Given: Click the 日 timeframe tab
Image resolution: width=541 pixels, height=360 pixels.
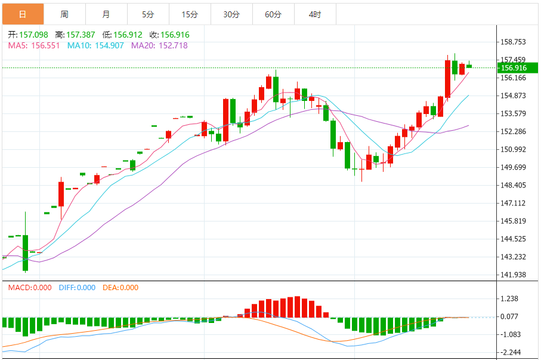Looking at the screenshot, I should [23, 14].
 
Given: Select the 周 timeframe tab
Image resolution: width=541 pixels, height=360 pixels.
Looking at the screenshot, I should [64, 14].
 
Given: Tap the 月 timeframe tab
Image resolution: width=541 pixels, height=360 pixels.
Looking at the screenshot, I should [106, 14].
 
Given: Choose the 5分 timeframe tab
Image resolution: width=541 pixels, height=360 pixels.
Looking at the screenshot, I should [148, 14].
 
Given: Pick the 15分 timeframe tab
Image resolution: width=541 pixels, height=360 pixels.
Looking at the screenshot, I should [190, 14].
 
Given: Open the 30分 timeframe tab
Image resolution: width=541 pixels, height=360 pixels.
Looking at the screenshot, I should [231, 14].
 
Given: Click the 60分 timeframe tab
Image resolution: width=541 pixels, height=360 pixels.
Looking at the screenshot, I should [273, 14].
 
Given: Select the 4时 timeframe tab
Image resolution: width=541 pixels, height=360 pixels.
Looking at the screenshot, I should [315, 14].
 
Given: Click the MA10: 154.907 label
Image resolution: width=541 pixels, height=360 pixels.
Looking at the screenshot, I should [95, 45].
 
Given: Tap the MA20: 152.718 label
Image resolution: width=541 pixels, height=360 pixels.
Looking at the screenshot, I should [159, 45].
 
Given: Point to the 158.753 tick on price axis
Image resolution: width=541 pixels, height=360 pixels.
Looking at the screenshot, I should [513, 42].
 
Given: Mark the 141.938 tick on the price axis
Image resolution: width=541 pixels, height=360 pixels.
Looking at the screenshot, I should [513, 275].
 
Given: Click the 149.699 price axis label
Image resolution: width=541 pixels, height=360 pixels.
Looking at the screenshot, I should [513, 167].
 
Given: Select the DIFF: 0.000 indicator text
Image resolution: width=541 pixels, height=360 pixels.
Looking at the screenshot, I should [77, 288].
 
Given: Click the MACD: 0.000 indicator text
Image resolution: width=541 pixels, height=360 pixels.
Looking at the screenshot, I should [30, 288].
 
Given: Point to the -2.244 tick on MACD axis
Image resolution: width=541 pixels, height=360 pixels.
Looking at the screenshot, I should [511, 353].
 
